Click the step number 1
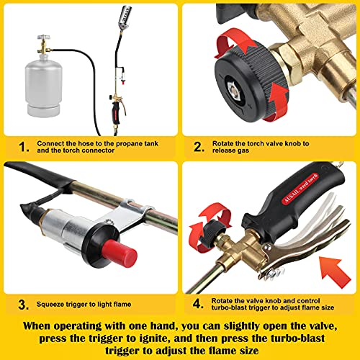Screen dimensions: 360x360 click(x=24, y=147)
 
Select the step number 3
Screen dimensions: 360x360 click(x=24, y=306)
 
